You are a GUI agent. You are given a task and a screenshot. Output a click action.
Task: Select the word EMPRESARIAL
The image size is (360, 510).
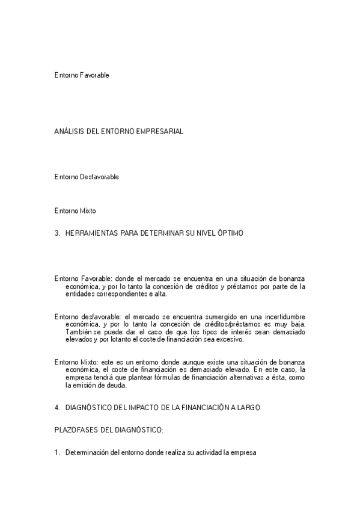point(162,131)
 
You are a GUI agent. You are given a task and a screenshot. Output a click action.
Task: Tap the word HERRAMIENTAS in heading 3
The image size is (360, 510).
point(91,232)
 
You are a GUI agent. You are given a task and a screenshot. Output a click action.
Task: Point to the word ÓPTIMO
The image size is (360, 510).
point(230,232)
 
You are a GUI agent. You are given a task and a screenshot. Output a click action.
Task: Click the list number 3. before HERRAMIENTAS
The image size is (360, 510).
point(57,232)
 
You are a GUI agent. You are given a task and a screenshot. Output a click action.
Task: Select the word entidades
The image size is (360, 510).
point(79,294)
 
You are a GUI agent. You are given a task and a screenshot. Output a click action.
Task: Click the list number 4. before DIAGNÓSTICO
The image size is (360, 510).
point(57,408)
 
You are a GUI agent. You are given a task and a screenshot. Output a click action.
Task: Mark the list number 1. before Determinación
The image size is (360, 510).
point(57,453)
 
